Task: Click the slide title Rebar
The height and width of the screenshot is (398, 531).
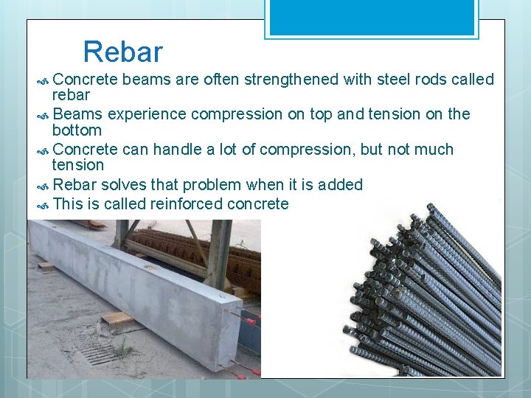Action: coord(122,52)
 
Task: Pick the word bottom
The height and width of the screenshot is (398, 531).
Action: coord(77,130)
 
